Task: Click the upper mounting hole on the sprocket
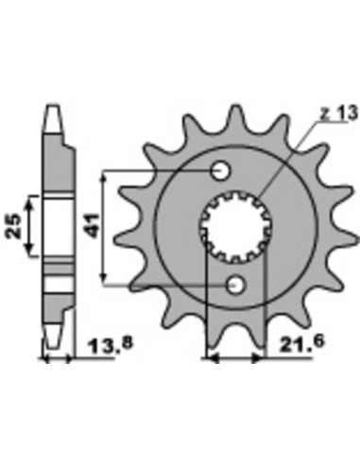(x=221, y=171)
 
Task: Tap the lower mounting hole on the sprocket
(x=237, y=284)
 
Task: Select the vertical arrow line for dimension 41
(x=105, y=227)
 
